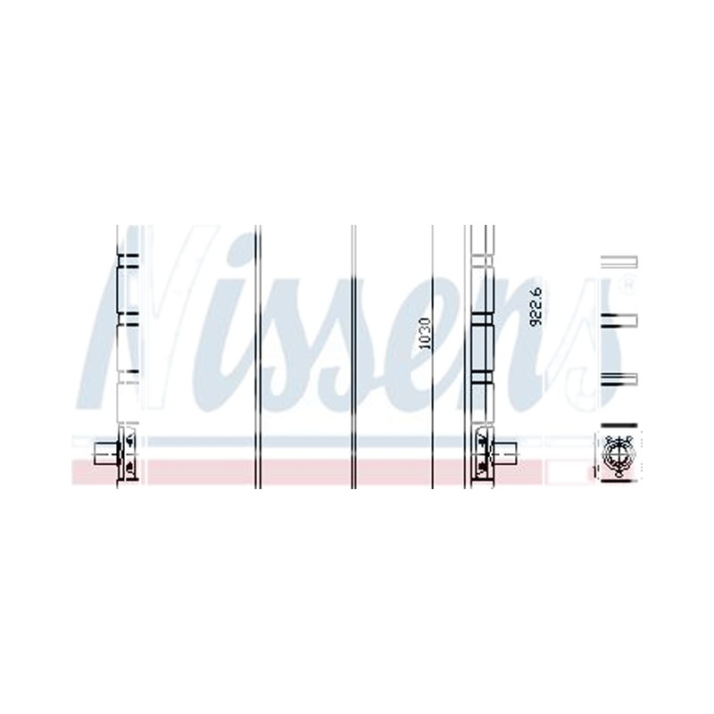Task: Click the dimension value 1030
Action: click(425, 333)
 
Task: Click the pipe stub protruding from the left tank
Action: click(105, 453)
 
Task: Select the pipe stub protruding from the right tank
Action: click(505, 453)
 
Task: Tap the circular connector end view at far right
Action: click(618, 454)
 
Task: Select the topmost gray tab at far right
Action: click(619, 262)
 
